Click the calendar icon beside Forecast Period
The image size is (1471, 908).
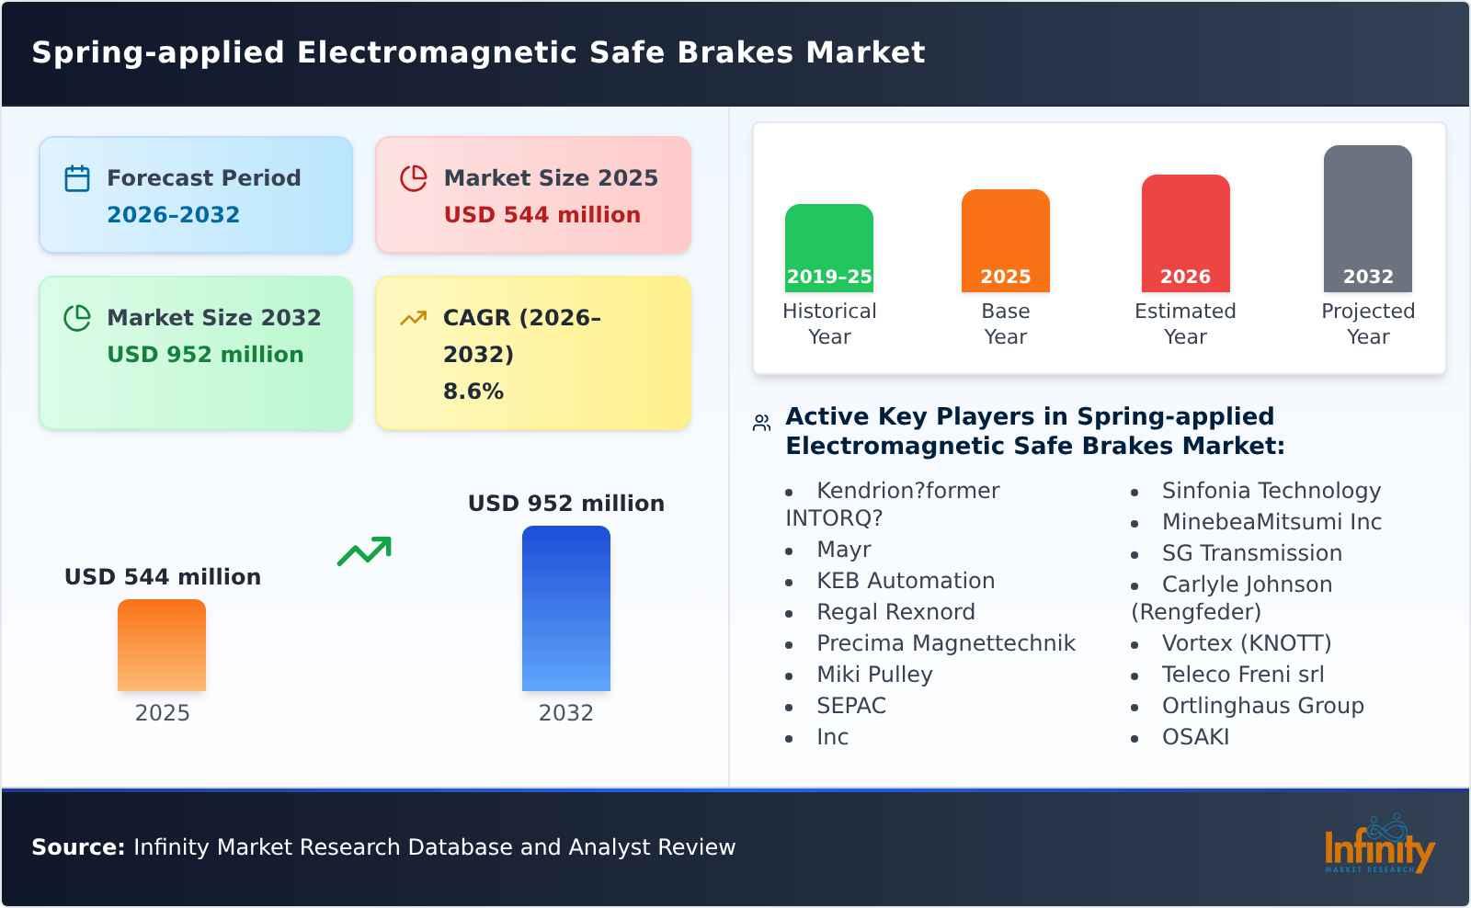pos(77,178)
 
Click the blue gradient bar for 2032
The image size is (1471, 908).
pos(565,608)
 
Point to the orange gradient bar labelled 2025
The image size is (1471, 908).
pos(162,645)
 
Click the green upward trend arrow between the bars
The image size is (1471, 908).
pos(364,551)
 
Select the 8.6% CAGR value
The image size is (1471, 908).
pos(473,392)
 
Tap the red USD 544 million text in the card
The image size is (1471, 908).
pos(542,215)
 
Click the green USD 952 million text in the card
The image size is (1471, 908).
pos(205,355)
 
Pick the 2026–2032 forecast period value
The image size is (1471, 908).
pos(173,215)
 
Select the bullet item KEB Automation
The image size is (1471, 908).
pos(905,581)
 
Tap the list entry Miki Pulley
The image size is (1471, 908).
pos(874,675)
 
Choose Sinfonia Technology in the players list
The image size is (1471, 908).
pos(1271,491)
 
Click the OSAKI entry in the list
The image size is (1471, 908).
pos(1195,737)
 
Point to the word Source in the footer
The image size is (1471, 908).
pos(77,847)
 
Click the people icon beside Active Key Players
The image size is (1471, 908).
pos(761,423)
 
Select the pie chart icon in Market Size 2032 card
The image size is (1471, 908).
pos(77,318)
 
